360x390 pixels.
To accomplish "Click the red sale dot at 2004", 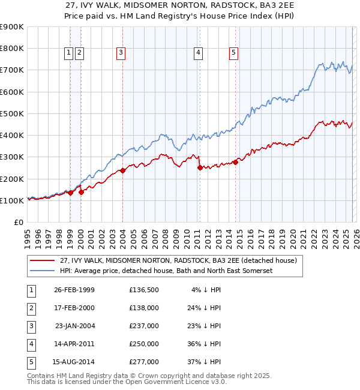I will pyautogui.click(x=122, y=170).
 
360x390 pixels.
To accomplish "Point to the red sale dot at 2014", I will pyautogui.click(x=236, y=161).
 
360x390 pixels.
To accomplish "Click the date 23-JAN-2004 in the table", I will pyautogui.click(x=74, y=326).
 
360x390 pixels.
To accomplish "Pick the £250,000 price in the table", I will pyautogui.click(x=144, y=344).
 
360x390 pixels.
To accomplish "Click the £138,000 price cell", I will pyautogui.click(x=144, y=308).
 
